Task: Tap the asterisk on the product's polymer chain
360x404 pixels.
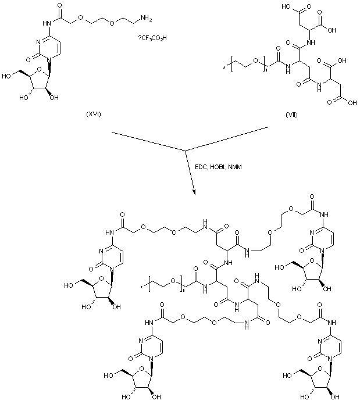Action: click(142, 286)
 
